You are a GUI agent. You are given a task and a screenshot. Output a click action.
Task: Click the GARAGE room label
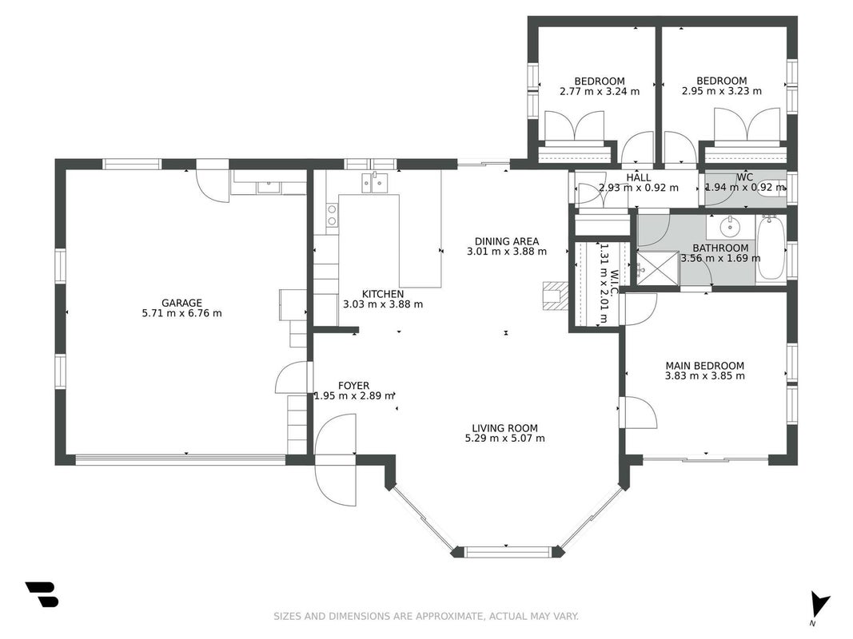pos(181,304)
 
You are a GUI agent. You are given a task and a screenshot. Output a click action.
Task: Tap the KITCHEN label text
pos(383,294)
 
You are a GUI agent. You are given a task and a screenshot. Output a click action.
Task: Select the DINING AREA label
pos(507,241)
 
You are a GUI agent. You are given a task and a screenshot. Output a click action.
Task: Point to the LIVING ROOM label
pos(504,428)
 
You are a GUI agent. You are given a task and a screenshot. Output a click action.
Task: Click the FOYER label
pos(353,386)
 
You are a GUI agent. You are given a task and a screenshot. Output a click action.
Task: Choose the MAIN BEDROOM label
pos(705,366)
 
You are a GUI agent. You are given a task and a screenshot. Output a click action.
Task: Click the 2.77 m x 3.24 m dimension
pos(600,91)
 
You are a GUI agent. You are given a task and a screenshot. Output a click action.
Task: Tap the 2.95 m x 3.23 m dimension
pos(722,91)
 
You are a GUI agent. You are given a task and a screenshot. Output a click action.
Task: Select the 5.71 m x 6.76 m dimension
pos(181,313)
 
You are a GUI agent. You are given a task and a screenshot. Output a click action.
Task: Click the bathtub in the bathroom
pos(771,248)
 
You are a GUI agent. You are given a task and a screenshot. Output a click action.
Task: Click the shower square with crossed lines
pos(658,268)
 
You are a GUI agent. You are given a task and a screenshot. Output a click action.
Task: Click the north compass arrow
pos(819,605)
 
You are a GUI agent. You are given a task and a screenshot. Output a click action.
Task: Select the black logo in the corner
pos(42,594)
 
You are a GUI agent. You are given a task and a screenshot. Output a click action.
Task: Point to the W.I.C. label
pos(614,284)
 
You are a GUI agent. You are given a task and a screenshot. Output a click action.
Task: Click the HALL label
pos(638,177)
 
